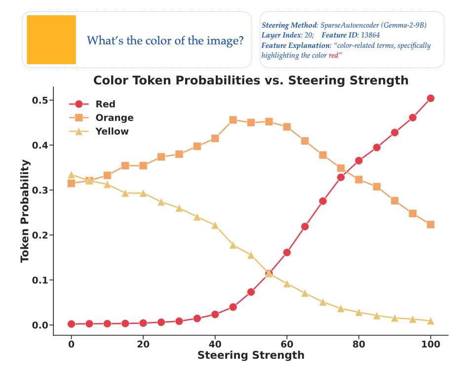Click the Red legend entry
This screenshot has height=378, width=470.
105,104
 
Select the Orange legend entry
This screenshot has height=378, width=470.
114,118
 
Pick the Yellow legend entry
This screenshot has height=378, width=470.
112,131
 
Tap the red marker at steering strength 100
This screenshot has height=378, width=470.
431,98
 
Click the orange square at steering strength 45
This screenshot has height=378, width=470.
233,120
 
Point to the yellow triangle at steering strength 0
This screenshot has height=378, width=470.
71,175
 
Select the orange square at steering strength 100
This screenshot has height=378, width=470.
431,225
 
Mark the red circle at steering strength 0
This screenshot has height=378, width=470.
71,324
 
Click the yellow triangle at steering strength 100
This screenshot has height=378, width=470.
431,321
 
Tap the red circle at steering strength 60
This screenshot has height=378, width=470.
287,253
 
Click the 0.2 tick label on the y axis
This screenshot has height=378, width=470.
40,235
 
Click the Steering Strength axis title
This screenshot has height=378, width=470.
251,355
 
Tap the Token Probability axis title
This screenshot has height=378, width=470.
25,211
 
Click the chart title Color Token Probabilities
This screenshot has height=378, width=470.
251,80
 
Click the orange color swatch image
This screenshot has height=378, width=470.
51,39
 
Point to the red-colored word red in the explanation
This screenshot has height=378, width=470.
334,56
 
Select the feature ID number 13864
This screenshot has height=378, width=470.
370,35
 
